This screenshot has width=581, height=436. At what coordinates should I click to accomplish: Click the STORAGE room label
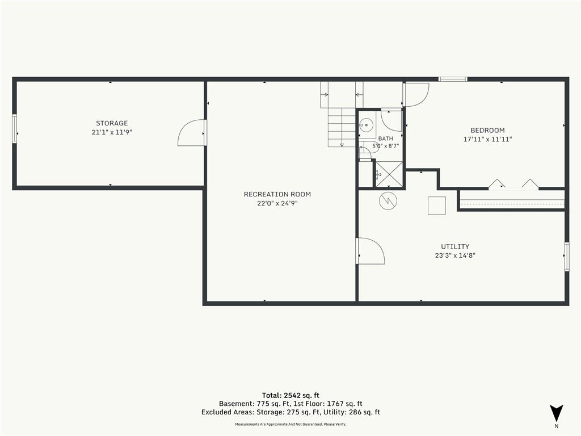coord(112,123)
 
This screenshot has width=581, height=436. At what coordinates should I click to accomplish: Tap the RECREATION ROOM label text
coord(277,194)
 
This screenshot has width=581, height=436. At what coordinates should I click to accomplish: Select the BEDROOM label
coord(487,130)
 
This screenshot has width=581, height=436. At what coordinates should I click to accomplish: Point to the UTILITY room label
coord(455,246)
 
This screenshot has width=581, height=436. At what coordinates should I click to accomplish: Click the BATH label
coord(386,139)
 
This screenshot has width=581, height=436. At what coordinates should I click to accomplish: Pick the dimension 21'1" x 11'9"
coord(112,132)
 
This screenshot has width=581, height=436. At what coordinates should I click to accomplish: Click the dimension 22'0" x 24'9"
coord(277,203)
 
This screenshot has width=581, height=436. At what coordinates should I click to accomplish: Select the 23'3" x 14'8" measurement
coord(455,255)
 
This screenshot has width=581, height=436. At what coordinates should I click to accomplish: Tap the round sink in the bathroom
coord(367,124)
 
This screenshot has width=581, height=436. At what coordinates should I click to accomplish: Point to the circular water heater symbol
coord(388,201)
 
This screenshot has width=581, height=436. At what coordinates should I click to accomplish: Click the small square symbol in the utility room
coord(437,206)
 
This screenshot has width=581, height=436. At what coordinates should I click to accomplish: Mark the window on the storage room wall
coord(14,129)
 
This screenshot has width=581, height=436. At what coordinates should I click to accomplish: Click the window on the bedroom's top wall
coord(453,79)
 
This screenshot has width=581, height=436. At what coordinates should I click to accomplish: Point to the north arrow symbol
coord(556,413)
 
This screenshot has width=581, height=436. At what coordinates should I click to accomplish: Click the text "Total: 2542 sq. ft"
coord(290,395)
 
